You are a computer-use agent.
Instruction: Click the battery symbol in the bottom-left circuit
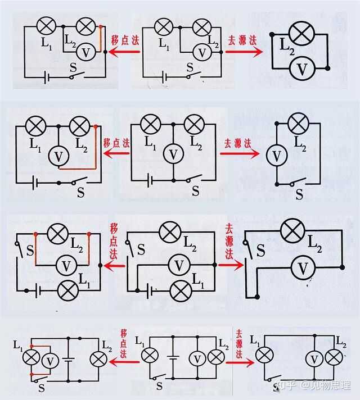68,357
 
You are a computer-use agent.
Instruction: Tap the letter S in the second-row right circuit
299,194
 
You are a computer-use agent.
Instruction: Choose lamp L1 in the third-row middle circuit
181,290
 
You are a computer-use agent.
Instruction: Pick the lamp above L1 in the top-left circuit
46,25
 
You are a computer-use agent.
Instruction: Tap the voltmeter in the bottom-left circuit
51,360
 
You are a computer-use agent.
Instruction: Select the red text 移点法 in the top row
124,41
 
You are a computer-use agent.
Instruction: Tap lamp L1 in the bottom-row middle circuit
149,355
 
